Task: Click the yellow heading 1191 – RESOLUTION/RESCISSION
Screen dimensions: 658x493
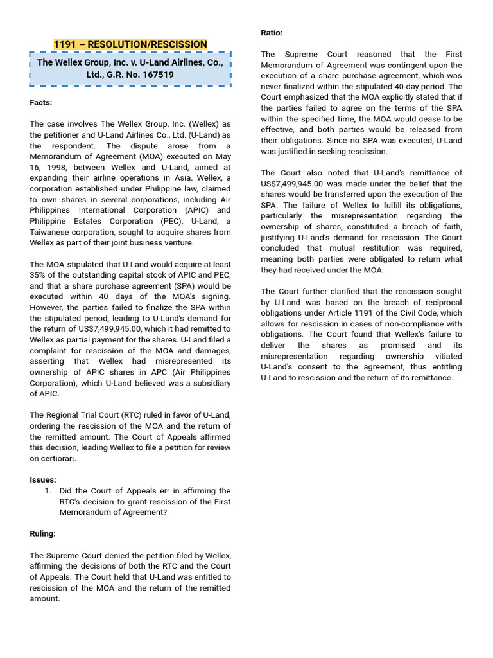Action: (x=130, y=44)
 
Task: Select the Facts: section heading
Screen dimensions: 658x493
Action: (x=41, y=103)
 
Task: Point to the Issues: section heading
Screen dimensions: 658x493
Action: (x=43, y=480)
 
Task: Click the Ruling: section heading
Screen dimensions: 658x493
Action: (x=43, y=533)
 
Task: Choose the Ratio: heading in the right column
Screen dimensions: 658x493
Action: (x=272, y=33)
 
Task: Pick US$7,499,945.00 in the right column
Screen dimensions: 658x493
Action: (x=291, y=184)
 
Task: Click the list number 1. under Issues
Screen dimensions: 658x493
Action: (x=48, y=491)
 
